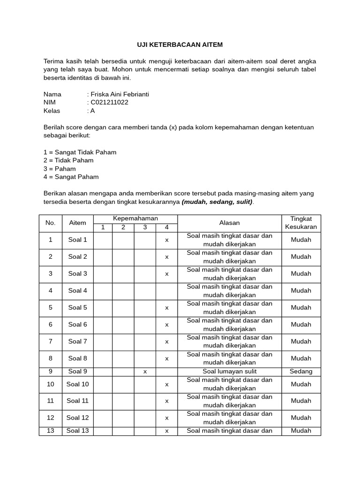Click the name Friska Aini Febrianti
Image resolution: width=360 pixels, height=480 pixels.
click(x=120, y=94)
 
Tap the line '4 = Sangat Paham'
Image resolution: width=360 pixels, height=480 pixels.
click(x=71, y=177)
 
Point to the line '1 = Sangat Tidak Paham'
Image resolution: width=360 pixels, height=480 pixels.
click(x=80, y=152)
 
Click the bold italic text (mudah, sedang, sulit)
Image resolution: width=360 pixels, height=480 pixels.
click(x=217, y=202)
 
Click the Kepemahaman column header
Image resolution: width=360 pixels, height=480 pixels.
click(x=135, y=218)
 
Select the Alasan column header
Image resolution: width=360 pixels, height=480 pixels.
click(x=229, y=223)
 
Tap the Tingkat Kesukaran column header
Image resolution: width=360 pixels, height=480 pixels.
click(x=301, y=223)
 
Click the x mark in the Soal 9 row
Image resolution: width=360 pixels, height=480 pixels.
click(x=145, y=372)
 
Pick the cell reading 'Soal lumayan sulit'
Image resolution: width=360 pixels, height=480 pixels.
click(x=229, y=371)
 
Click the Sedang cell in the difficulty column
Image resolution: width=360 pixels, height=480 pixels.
click(x=301, y=371)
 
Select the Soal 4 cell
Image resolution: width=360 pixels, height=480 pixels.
click(x=78, y=291)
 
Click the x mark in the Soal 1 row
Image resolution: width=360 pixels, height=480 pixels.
click(x=166, y=240)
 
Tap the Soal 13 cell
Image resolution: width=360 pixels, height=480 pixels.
click(x=78, y=431)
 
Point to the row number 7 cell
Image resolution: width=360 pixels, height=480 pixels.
click(x=51, y=342)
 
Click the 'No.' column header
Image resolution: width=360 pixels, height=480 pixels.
click(x=51, y=223)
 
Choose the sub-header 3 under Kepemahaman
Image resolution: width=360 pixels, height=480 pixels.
click(x=145, y=228)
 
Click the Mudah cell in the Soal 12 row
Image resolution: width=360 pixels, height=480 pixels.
click(x=301, y=418)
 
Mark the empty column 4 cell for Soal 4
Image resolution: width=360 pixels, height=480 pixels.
click(x=166, y=291)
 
